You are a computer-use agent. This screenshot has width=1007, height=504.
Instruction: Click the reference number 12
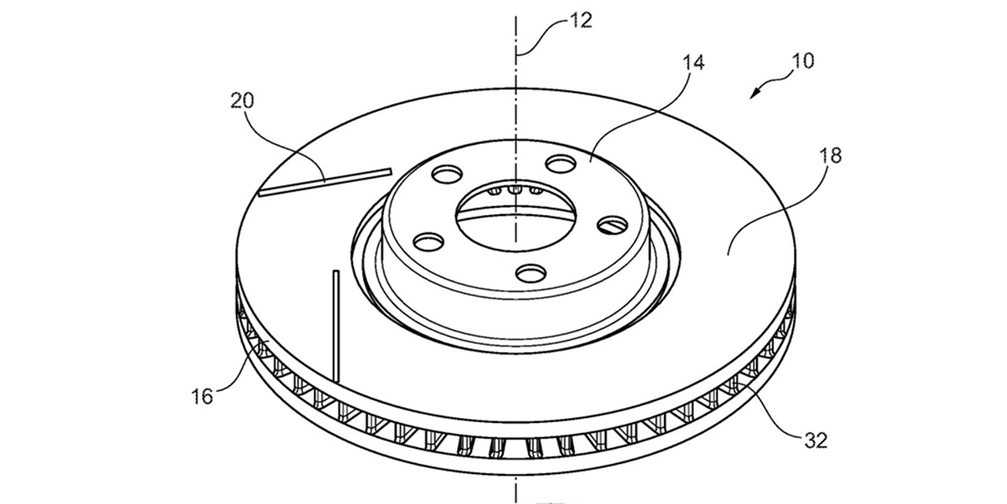tap(581, 21)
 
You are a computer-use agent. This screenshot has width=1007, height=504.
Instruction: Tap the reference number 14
tap(694, 63)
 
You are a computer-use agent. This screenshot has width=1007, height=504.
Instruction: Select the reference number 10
tap(802, 61)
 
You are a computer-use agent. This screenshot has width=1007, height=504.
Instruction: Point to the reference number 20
tap(242, 100)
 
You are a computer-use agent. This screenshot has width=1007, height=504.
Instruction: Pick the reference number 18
tap(830, 156)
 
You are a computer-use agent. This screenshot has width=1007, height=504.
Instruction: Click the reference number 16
tap(202, 397)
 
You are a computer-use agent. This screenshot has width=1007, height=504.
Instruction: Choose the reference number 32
tap(816, 440)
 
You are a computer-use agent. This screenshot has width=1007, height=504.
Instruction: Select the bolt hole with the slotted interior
tap(612, 224)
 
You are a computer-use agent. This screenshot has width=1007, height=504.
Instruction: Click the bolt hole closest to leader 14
tap(561, 163)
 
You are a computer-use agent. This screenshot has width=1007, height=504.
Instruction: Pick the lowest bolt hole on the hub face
tap(531, 272)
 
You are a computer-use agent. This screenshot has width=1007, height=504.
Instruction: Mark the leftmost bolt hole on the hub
tap(429, 242)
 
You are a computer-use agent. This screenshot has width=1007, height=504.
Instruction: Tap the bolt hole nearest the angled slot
tap(446, 174)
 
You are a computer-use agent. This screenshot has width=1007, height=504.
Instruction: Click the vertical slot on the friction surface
tap(336, 326)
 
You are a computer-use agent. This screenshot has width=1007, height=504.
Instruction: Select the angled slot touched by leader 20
tap(325, 182)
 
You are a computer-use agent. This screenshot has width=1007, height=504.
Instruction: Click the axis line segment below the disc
tap(516, 489)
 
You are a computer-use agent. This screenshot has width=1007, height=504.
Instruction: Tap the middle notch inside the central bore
tap(515, 190)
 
